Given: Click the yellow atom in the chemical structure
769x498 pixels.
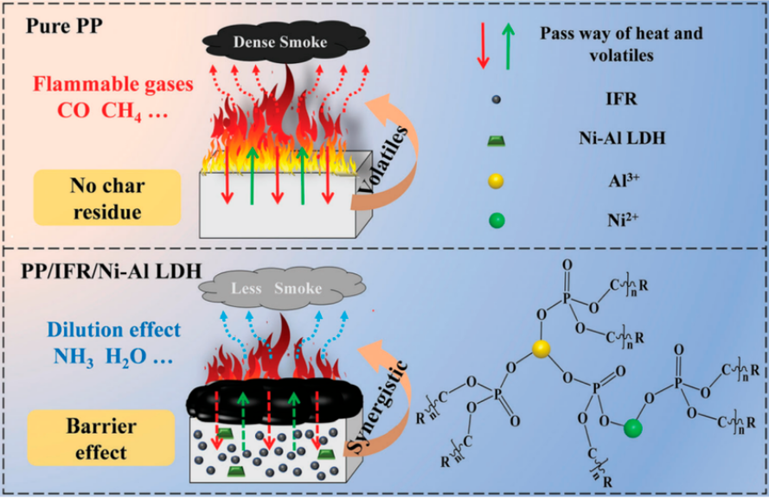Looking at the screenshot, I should (x=540, y=348).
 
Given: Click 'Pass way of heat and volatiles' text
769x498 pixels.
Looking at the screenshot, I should (x=620, y=44).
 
